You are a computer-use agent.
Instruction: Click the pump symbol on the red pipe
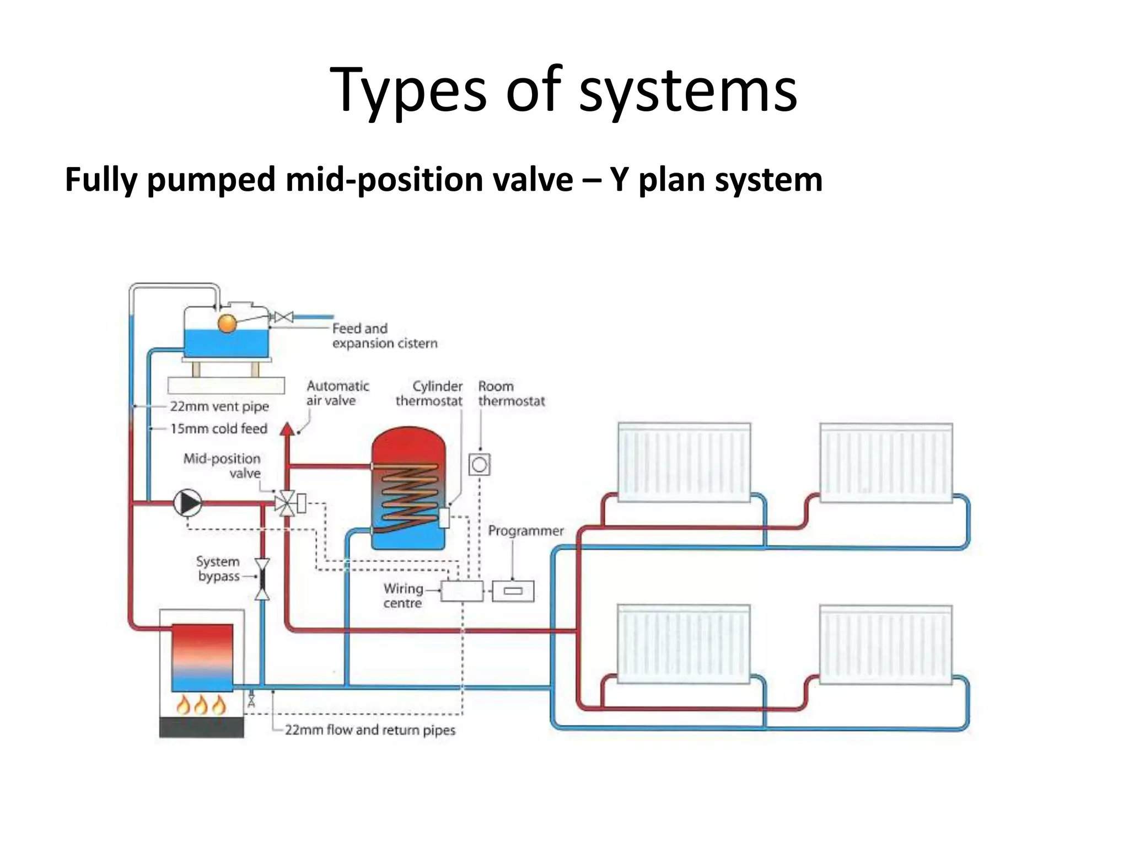pyautogui.click(x=188, y=503)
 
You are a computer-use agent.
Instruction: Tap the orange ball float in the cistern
pyautogui.click(x=227, y=324)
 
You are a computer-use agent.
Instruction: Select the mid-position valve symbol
pyautogui.click(x=285, y=503)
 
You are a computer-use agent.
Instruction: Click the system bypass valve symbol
pyautogui.click(x=262, y=579)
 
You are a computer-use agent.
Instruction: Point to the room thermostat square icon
pyautogui.click(x=480, y=464)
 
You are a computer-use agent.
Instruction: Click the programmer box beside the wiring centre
pyautogui.click(x=513, y=591)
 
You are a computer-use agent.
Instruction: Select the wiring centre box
pyautogui.click(x=462, y=591)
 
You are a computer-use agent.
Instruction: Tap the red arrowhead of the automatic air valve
pyautogui.click(x=287, y=429)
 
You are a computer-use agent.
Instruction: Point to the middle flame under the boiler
pyautogui.click(x=201, y=705)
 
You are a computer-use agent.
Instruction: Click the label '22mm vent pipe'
pyautogui.click(x=219, y=406)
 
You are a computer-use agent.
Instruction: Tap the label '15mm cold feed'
pyautogui.click(x=219, y=428)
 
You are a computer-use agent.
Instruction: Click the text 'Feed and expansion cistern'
pyautogui.click(x=384, y=336)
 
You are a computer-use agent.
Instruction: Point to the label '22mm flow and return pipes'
pyautogui.click(x=370, y=730)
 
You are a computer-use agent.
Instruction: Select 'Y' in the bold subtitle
pyautogui.click(x=620, y=180)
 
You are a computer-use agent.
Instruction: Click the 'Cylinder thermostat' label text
pyautogui.click(x=429, y=393)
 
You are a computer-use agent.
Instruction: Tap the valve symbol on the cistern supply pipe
pyautogui.click(x=284, y=317)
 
